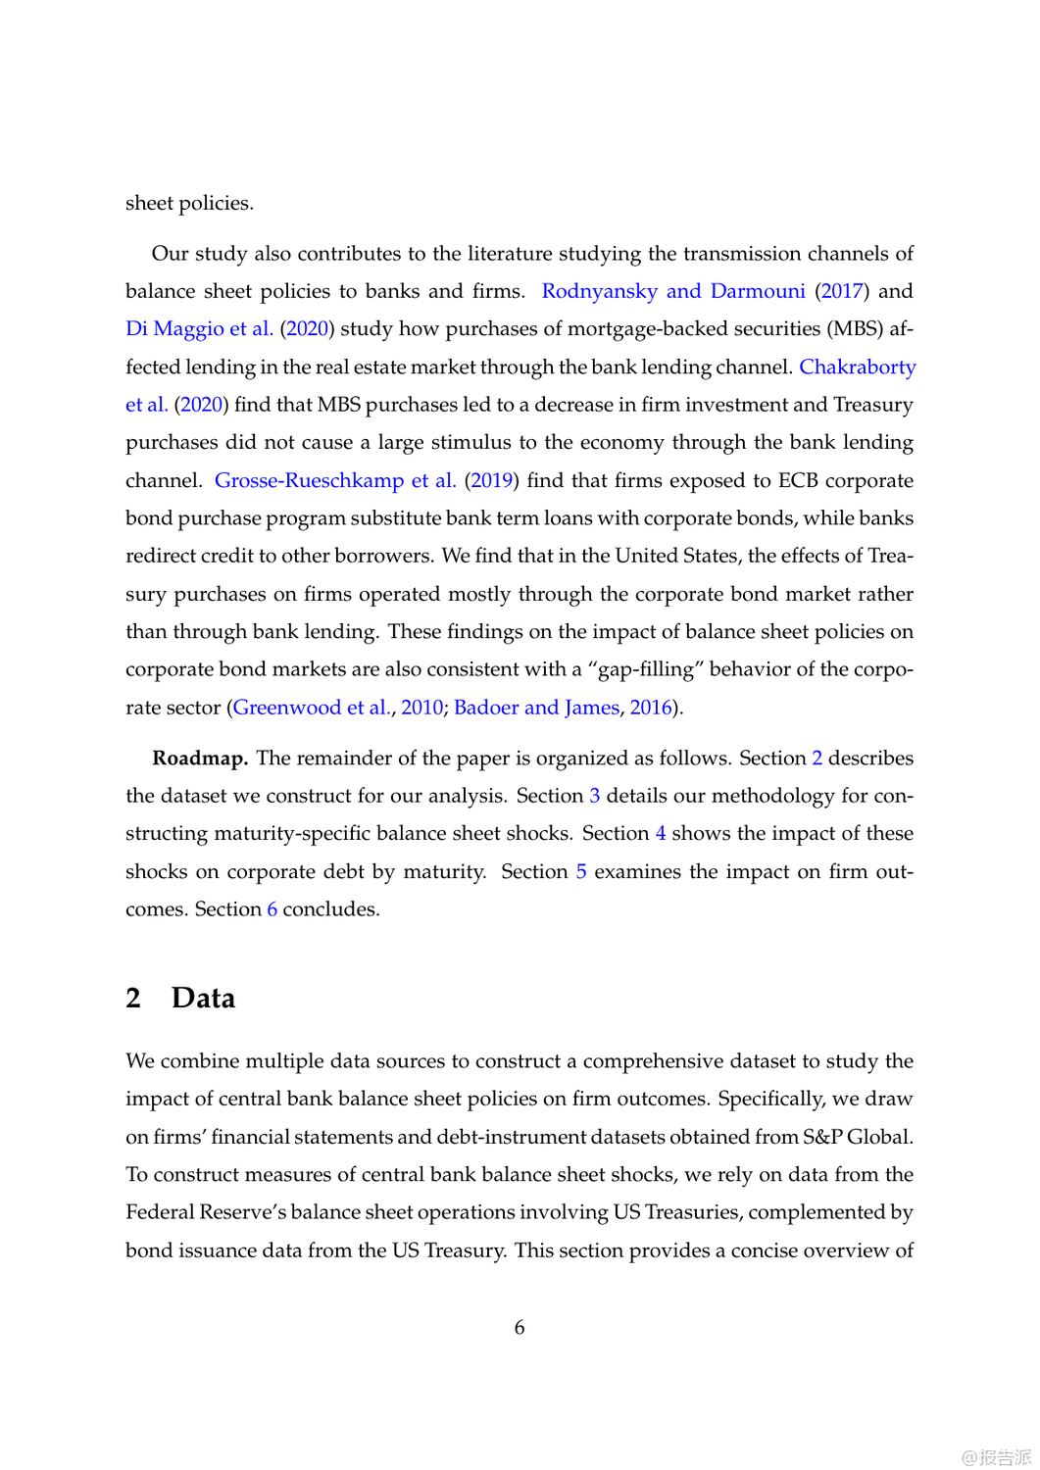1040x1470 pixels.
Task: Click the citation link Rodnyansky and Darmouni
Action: coord(673,291)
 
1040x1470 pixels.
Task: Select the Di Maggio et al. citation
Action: coord(199,328)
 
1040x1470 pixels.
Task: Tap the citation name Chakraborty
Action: coord(858,367)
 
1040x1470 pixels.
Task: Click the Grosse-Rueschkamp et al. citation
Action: coord(335,480)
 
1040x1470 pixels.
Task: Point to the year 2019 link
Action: coord(490,480)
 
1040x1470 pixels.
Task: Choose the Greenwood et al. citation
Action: coord(312,708)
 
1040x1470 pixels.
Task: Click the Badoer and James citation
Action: coord(536,708)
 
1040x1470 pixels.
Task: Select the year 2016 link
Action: coord(651,708)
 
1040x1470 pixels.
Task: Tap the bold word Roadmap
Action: coord(200,759)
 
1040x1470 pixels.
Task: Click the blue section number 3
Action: coord(595,796)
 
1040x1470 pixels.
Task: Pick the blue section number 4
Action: coord(661,833)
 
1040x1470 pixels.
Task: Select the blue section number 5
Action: coord(581,871)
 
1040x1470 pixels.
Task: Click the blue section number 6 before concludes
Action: coord(272,909)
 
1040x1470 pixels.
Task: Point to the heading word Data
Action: coord(203,998)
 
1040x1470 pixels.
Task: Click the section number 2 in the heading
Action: coord(133,998)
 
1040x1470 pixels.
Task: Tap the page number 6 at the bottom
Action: coord(520,1328)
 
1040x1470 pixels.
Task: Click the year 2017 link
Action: coord(842,291)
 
